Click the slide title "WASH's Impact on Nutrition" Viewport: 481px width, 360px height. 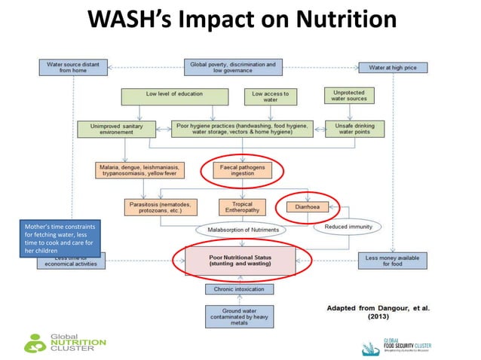point(240,20)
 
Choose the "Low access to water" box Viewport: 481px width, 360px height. point(270,96)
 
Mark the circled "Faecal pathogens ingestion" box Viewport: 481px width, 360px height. point(242,170)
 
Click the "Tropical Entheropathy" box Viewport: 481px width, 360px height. point(241,206)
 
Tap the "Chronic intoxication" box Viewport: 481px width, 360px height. point(239,288)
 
